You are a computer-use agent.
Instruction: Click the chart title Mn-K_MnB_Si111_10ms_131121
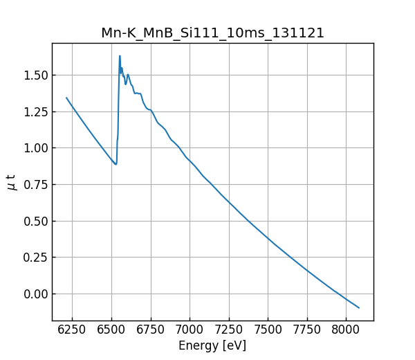(212, 33)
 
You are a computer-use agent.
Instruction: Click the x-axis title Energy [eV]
(212, 345)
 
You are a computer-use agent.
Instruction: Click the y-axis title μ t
(12, 182)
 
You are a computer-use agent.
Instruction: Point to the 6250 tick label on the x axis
(72, 330)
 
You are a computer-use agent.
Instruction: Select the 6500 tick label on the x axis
(111, 330)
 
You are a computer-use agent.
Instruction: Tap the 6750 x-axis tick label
(151, 330)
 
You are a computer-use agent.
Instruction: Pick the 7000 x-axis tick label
(190, 330)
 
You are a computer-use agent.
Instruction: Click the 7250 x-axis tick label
(229, 330)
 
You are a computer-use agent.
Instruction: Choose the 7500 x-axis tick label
(268, 330)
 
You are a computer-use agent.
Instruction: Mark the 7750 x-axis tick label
(308, 330)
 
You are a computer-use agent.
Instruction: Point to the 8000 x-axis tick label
(347, 330)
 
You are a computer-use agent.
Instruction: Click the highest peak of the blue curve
(120, 56)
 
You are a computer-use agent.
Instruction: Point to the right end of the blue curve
(359, 307)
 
